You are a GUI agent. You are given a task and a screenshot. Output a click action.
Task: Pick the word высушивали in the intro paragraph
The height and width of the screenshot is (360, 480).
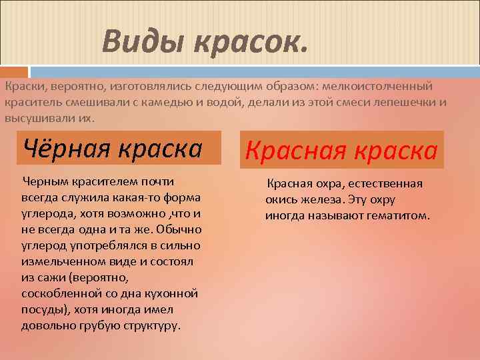(39, 119)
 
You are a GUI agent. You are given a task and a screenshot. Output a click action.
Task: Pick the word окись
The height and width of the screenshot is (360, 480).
(281, 200)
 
